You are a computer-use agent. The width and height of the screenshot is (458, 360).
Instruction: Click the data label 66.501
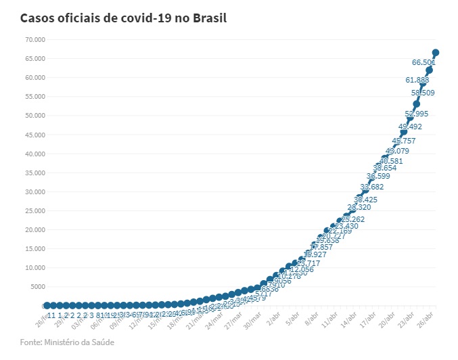[423, 62]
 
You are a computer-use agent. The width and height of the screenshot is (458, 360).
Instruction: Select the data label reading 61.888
[417, 80]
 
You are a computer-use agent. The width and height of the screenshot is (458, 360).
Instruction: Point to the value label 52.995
[417, 114]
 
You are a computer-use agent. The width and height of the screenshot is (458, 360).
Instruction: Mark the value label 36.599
[379, 176]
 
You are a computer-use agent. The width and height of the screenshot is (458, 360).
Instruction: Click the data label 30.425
[366, 200]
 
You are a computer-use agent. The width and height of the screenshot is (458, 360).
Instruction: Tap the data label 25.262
[353, 219]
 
